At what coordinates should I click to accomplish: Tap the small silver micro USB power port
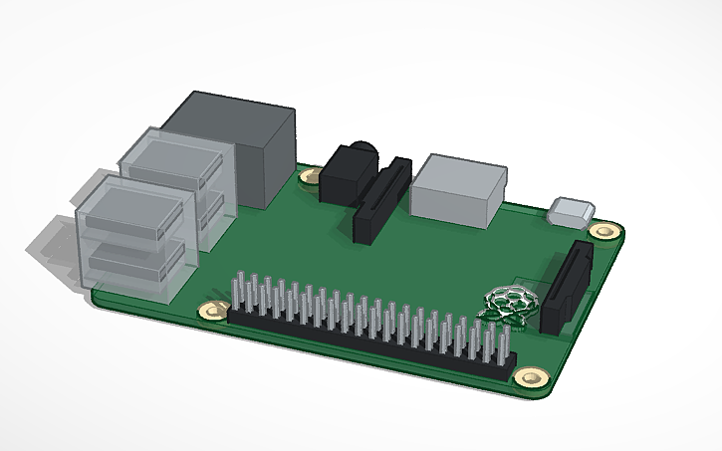(571, 210)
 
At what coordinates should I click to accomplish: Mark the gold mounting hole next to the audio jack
(310, 177)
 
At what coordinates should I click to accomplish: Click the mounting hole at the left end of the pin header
(210, 313)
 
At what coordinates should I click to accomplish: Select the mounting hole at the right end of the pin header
(530, 378)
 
